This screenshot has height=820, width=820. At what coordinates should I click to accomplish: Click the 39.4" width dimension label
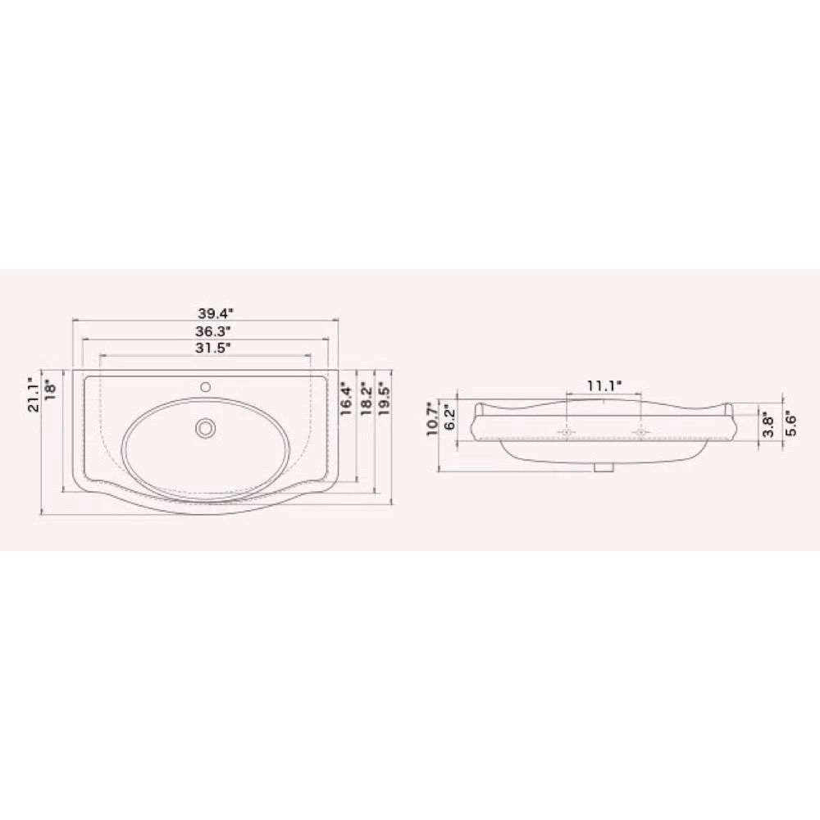pos(215,314)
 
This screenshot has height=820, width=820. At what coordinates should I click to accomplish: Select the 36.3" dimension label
pos(213,331)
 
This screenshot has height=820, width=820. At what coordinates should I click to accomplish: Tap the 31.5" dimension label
pos(213,348)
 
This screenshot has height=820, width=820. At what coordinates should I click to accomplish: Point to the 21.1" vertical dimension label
pos(33,395)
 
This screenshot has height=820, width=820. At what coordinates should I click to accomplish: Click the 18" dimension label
pos(50,389)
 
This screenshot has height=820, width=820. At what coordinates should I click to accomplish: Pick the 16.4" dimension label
pos(346,399)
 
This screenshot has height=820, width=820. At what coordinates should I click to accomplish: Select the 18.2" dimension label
pos(366,399)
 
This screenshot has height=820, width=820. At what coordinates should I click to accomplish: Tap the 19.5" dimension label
pos(385,399)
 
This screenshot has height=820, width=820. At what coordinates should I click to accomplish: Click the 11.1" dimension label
pos(604,386)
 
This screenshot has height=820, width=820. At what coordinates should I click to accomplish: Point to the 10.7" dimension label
pos(433,419)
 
